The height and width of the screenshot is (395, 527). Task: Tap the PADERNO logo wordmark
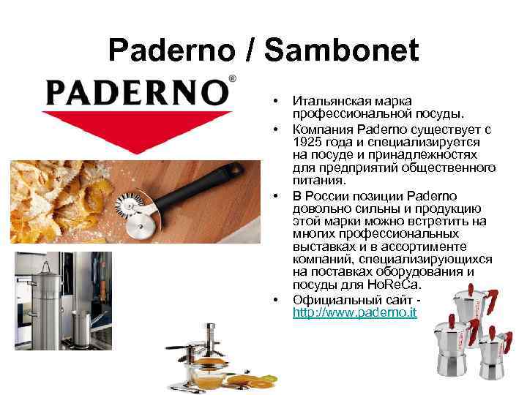[x=135, y=92]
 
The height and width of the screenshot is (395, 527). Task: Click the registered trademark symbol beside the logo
[x=233, y=78]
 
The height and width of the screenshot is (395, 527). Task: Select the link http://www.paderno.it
[x=354, y=312]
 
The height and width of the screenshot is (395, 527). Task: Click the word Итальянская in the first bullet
[x=326, y=100]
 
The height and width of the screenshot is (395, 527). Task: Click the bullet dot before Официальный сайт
[x=276, y=300]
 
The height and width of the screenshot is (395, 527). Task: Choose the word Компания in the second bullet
[x=319, y=129]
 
